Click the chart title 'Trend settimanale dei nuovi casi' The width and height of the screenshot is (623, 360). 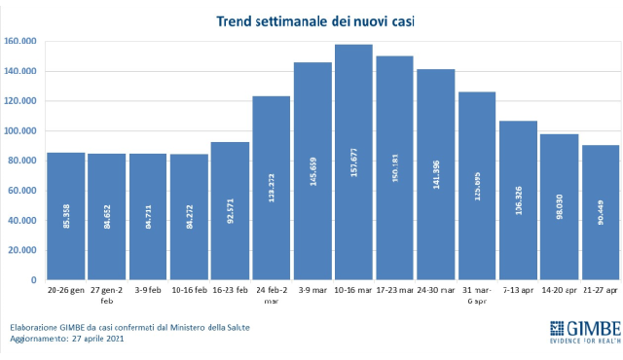tap(312, 19)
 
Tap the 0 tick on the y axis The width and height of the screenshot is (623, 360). tap(33, 279)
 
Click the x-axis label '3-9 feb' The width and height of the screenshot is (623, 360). tap(148, 290)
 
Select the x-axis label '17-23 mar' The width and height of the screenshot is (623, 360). tap(394, 290)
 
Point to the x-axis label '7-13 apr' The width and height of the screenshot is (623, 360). tap(518, 290)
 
